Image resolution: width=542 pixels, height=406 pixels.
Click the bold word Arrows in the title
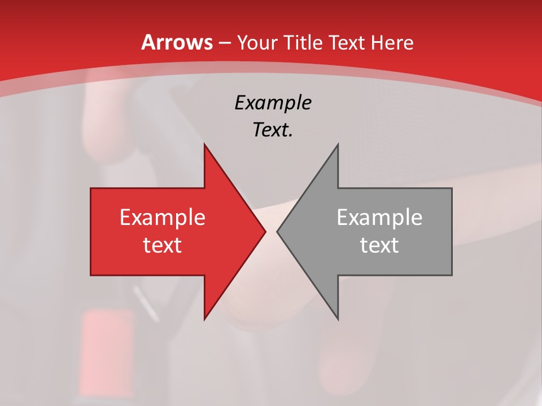click(x=177, y=42)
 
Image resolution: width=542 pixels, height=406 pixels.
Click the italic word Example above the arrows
click(x=273, y=103)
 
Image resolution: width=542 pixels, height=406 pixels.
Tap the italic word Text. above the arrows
click(x=273, y=130)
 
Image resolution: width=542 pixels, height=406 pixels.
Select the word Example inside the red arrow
click(x=162, y=218)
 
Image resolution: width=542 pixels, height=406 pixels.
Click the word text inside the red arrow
click(x=162, y=245)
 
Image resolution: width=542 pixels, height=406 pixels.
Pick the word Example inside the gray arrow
click(x=379, y=218)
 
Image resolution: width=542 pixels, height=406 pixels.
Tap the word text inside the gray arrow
click(x=379, y=245)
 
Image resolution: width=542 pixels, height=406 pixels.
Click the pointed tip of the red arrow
click(x=265, y=231)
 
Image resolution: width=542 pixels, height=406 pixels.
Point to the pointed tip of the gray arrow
click(x=277, y=231)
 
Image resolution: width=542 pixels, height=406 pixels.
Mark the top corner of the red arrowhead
click(x=204, y=144)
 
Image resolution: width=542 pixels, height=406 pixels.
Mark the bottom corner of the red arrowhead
click(x=204, y=319)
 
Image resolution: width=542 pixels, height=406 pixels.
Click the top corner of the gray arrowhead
click(x=338, y=144)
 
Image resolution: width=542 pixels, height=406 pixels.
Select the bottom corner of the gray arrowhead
click(x=338, y=319)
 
